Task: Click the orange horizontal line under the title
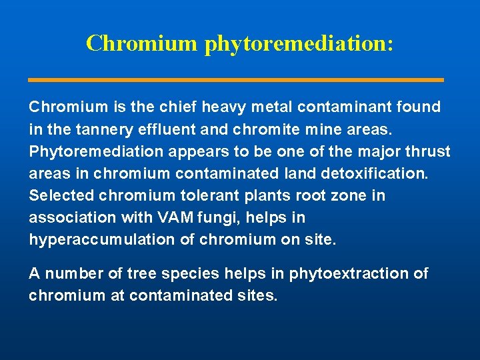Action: click(x=236, y=80)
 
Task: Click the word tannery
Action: click(x=99, y=129)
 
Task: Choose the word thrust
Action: click(x=428, y=151)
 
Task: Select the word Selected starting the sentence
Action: click(x=61, y=196)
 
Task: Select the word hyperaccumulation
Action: click(x=102, y=240)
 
